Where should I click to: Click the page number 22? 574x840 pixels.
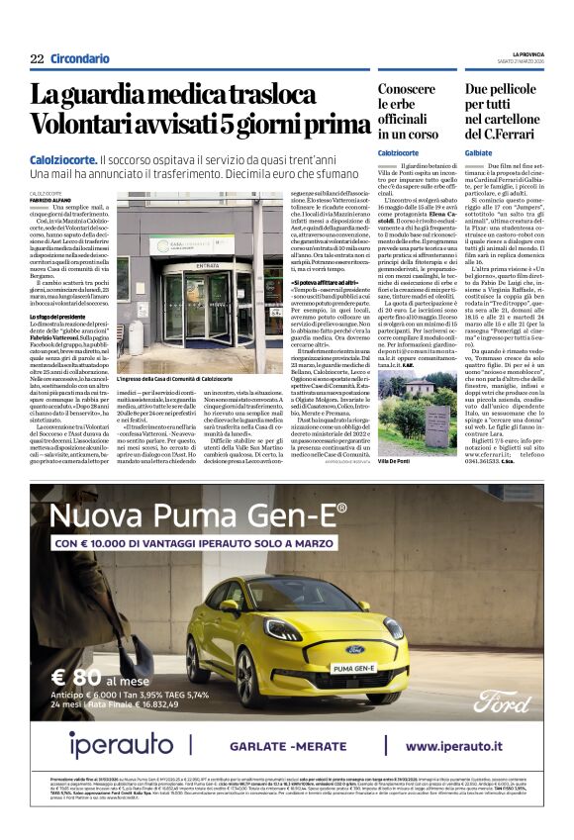tap(38, 59)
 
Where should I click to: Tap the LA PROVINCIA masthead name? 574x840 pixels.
tap(526, 53)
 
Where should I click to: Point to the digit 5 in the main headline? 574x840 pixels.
tap(236, 126)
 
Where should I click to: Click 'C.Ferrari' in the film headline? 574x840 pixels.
tap(505, 133)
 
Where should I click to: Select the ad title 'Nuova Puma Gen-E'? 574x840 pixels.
tap(199, 517)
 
